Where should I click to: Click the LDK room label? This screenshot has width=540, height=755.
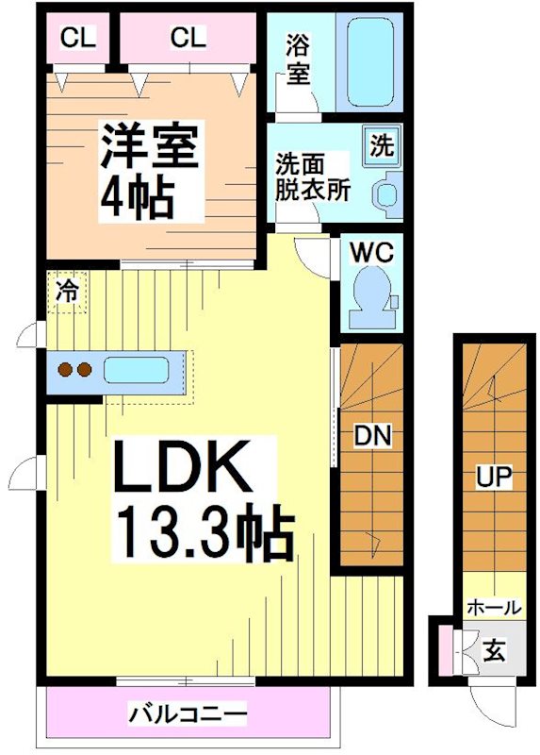pyautogui.click(x=183, y=466)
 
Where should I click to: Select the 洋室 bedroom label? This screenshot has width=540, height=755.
pyautogui.click(x=150, y=147)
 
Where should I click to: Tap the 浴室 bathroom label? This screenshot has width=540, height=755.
pyautogui.click(x=298, y=59)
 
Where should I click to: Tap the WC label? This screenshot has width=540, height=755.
pyautogui.click(x=372, y=252)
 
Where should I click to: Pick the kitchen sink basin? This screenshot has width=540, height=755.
pyautogui.click(x=136, y=369)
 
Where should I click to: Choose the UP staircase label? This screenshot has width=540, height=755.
pyautogui.click(x=492, y=478)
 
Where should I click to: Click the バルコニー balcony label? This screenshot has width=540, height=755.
pyautogui.click(x=188, y=713)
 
